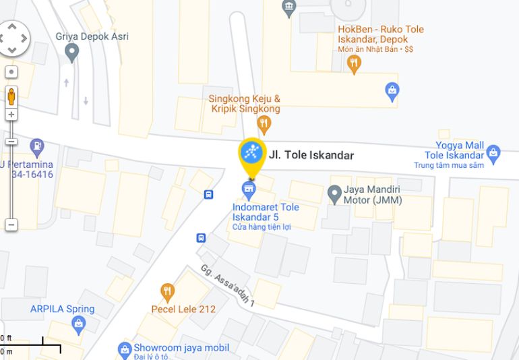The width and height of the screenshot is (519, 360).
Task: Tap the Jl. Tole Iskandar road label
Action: point(311,155)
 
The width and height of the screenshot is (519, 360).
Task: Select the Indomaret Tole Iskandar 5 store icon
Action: point(249,187)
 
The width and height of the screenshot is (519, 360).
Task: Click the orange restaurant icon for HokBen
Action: point(354,64)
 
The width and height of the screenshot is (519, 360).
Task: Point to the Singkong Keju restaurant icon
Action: point(264,124)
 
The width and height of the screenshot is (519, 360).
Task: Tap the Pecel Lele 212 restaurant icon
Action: point(167,293)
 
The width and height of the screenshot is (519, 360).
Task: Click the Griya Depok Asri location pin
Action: point(72,54)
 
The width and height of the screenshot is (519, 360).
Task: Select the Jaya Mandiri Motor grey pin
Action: point(334,195)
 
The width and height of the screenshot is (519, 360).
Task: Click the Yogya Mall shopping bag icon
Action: point(493,154)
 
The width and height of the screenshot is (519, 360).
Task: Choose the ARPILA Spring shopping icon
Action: point(79,325)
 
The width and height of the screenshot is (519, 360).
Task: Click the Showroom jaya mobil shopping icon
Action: point(124,349)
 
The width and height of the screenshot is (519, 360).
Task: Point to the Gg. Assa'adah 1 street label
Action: point(227,286)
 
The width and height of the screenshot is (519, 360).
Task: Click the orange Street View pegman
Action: point(11,96)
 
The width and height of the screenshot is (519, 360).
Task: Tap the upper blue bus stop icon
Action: point(209,195)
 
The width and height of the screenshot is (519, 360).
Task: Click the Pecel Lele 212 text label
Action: point(183,309)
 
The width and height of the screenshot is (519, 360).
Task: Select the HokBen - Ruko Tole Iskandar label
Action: point(381,34)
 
